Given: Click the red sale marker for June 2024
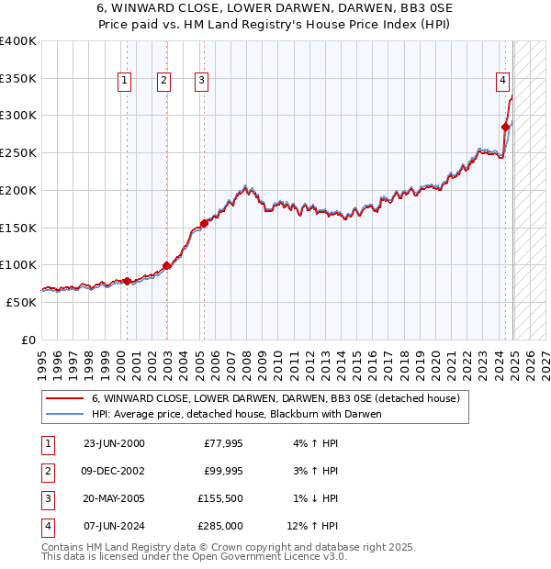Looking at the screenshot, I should point(505,127).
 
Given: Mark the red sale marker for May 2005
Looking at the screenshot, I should point(203,223).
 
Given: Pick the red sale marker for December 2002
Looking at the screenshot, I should point(166,265).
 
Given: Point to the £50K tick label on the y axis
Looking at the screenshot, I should point(22,302).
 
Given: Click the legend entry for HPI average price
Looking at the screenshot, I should point(236,414).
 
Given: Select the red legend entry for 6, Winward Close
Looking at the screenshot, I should point(268,398).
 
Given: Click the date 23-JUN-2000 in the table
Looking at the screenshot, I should point(114,443).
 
